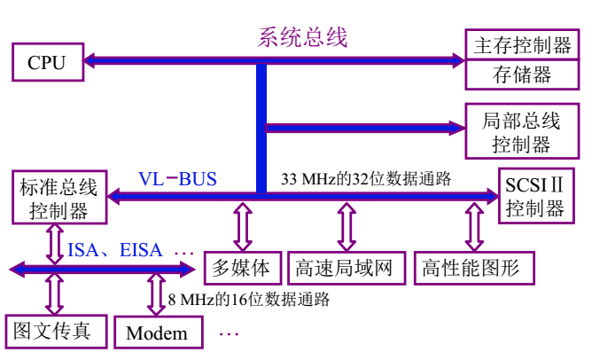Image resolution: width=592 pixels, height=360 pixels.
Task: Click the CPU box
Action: point(46,61)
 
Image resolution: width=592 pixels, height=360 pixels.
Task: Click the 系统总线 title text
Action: point(302,37)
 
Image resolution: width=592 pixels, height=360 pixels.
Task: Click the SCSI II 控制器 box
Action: point(534,197)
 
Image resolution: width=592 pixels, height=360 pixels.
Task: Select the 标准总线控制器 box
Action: point(58,199)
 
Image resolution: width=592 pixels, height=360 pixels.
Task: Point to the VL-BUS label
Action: point(177,178)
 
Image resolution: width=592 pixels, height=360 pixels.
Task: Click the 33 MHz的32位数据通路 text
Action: point(366,178)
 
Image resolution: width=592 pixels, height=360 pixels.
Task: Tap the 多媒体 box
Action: point(243,267)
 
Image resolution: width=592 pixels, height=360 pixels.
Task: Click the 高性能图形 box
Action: point(471,267)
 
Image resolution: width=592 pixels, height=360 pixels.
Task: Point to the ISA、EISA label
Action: point(115,250)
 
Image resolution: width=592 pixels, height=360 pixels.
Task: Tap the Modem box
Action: point(157,333)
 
